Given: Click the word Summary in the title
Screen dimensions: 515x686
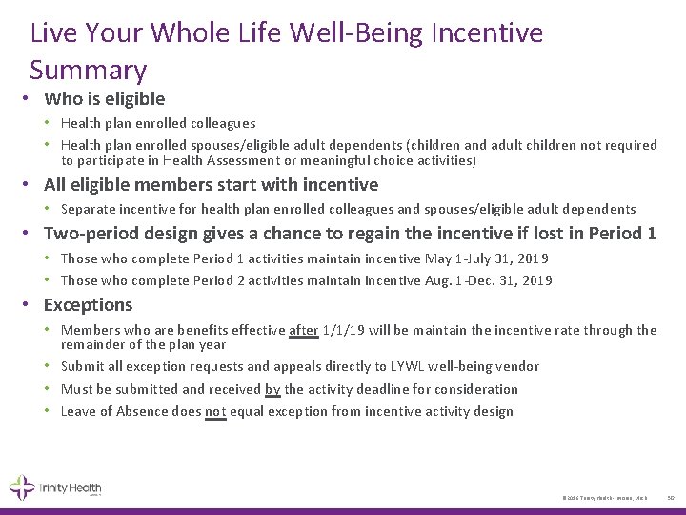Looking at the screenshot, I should click(x=89, y=70).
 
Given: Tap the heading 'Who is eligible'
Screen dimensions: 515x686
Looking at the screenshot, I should click(x=104, y=98).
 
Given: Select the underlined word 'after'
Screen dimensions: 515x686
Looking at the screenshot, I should click(x=303, y=330).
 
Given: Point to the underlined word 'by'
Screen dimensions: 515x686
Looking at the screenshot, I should click(x=273, y=389).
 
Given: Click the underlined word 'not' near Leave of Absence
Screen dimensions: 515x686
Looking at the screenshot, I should click(x=215, y=412).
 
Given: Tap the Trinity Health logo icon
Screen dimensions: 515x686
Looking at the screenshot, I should click(x=22, y=487).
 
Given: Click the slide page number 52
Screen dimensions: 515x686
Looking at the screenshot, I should click(x=670, y=498).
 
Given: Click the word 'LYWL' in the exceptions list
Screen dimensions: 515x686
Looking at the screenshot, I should click(x=407, y=366).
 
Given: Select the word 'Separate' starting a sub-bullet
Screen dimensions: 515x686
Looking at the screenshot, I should click(x=91, y=208).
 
